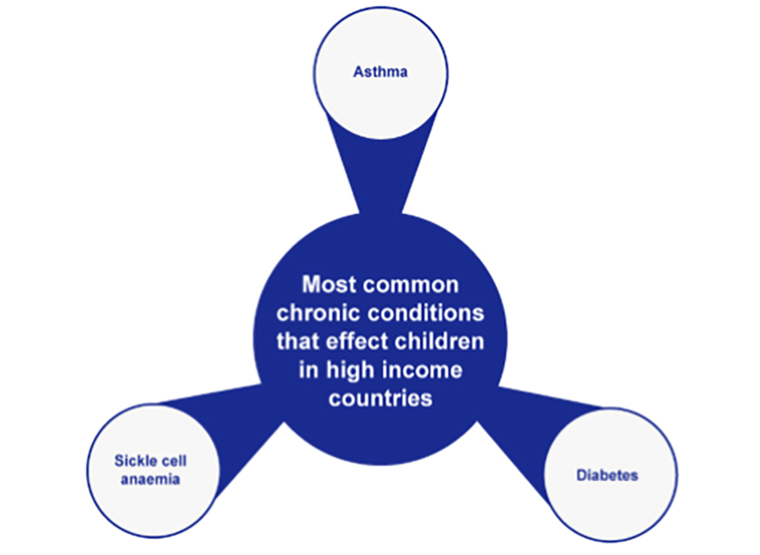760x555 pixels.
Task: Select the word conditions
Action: point(419,313)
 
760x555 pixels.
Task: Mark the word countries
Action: point(380,398)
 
